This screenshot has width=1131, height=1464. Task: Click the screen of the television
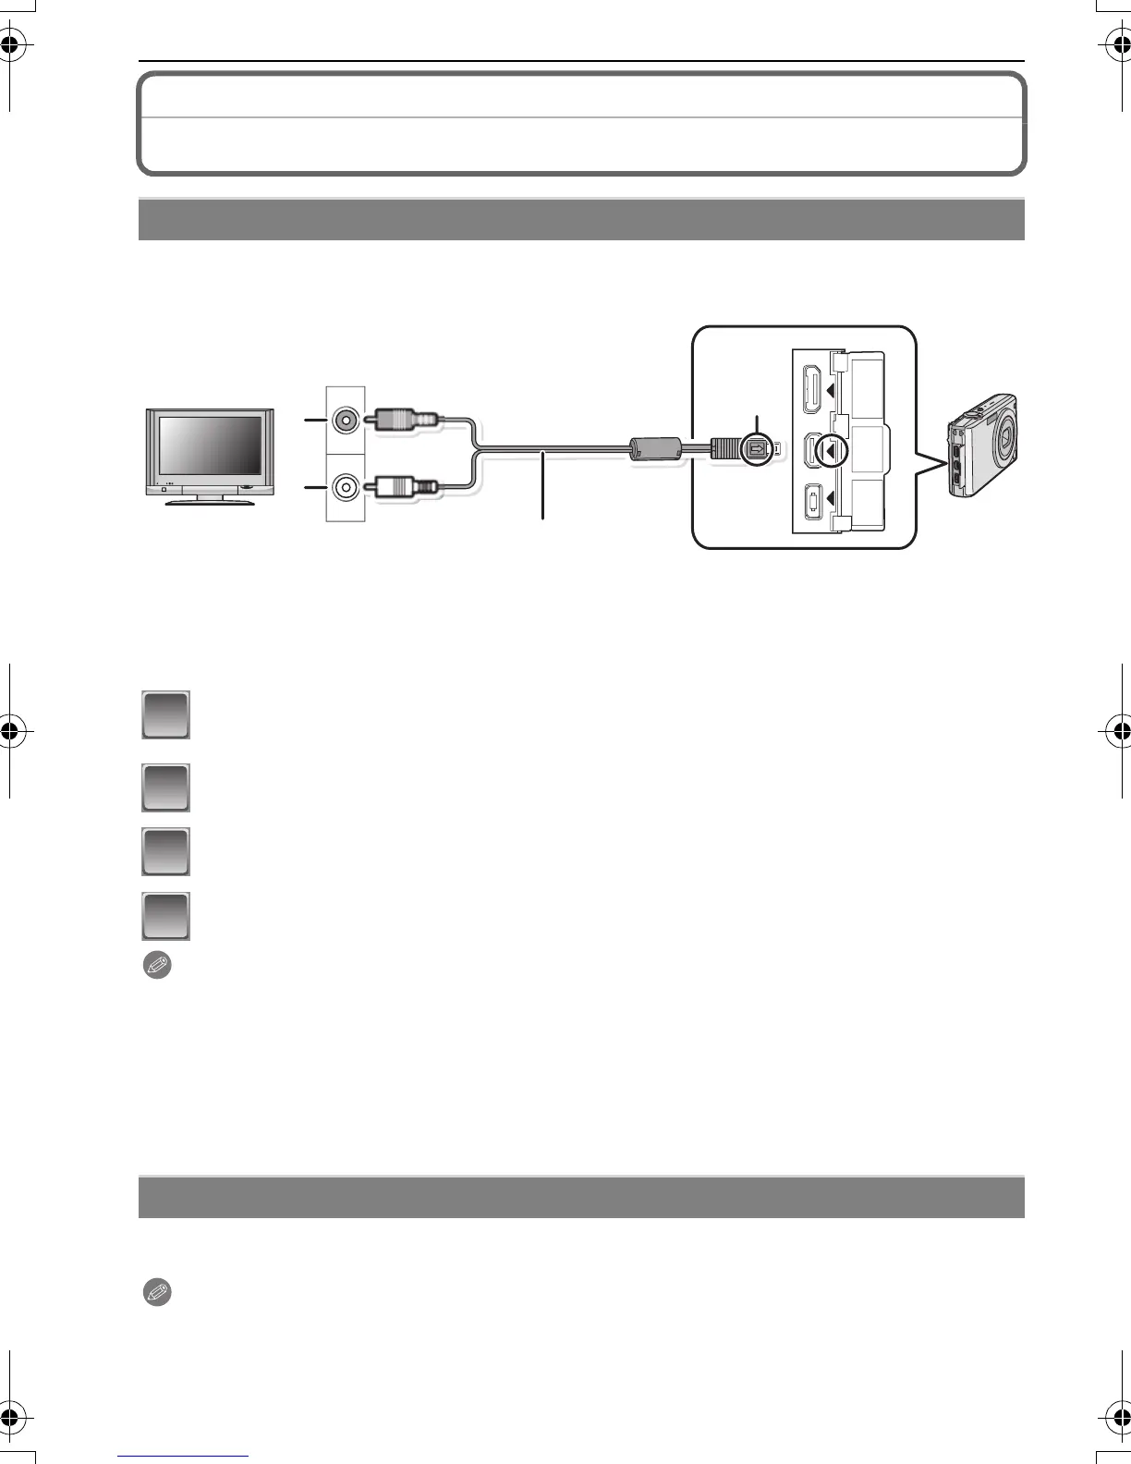(210, 446)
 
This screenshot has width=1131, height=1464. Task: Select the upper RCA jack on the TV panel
(345, 421)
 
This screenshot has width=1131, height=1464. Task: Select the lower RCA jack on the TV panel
(345, 486)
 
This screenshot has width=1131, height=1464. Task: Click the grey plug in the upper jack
(400, 421)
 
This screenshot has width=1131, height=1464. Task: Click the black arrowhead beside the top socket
(833, 389)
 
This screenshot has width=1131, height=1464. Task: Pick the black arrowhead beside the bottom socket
(833, 499)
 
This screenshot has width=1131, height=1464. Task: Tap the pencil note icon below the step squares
(157, 966)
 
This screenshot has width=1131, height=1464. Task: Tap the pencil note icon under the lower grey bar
(157, 1292)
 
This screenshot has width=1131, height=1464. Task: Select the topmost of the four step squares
(165, 714)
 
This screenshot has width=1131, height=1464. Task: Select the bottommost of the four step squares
(165, 916)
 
